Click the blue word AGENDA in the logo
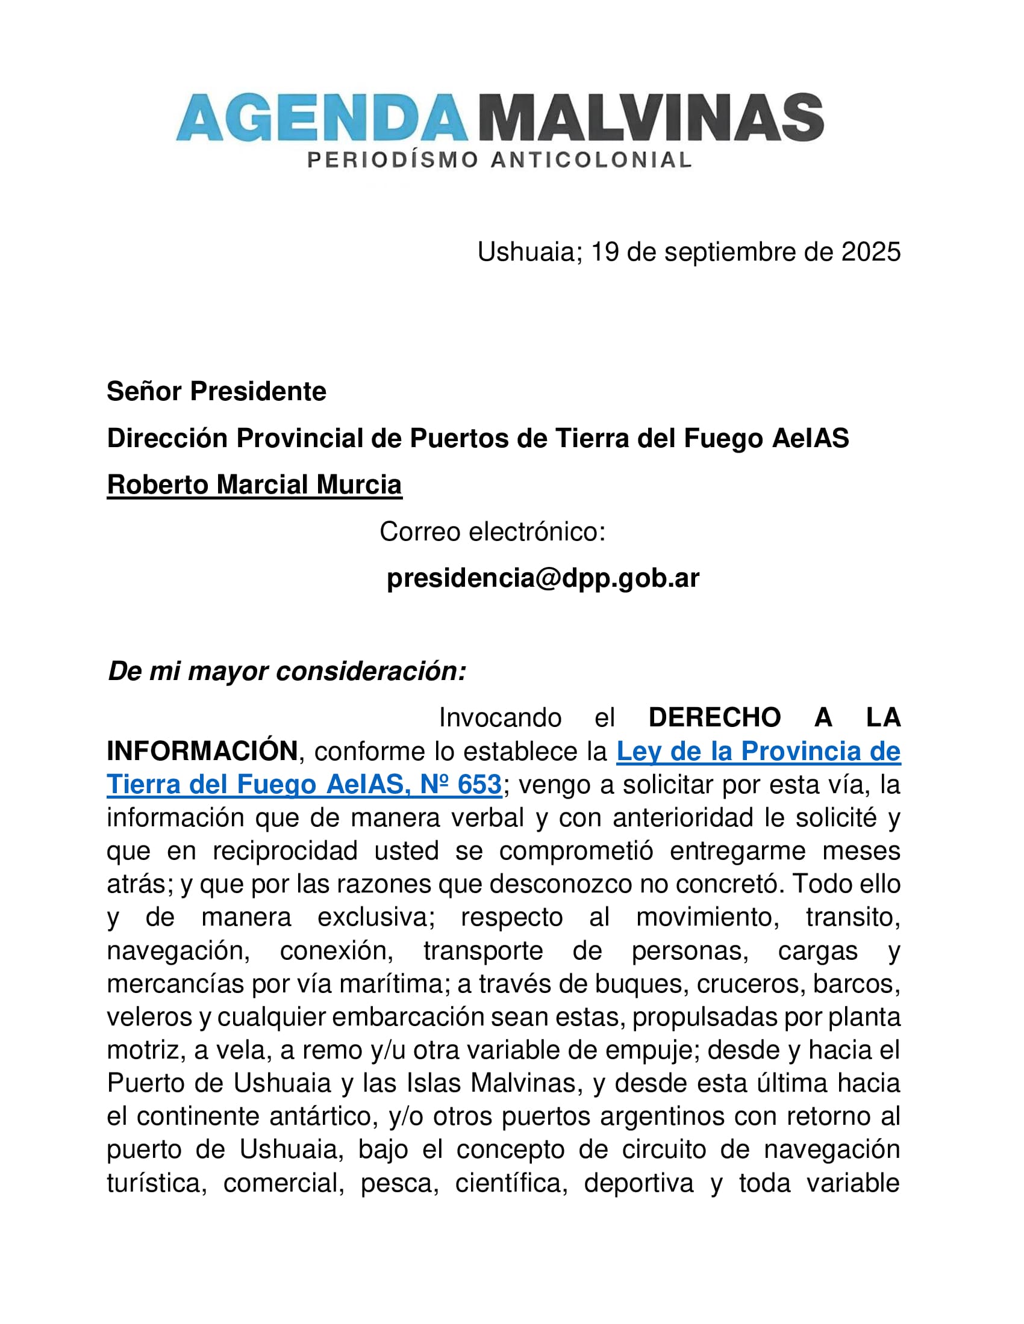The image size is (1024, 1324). pos(322,117)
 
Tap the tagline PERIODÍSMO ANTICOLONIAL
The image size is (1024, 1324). pos(499,160)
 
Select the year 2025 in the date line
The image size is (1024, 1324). pos(870,252)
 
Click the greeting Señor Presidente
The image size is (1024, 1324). pos(217,392)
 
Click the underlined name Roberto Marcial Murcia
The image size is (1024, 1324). pos(254,485)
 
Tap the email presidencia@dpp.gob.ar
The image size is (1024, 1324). pos(543,578)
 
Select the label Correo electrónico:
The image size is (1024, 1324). pos(493,531)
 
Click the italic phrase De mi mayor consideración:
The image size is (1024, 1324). pos(287,671)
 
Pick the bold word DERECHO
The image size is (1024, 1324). pos(714,718)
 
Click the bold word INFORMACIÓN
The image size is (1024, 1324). pos(202,751)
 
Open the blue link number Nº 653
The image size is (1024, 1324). pos(461,784)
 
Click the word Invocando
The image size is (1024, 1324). pos(500,718)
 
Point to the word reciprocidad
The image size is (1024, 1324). pos(285,851)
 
